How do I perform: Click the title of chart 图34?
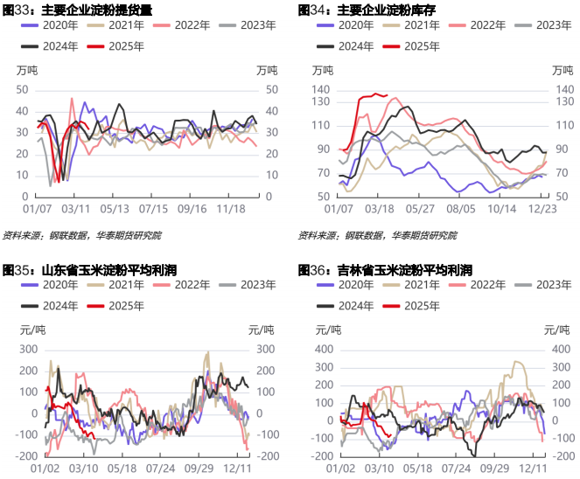pyautogui.click(x=367, y=10)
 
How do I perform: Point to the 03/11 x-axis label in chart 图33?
pyautogui.click(x=76, y=209)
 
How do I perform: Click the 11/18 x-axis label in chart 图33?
pyautogui.click(x=231, y=209)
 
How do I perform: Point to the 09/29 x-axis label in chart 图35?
pyautogui.click(x=204, y=469)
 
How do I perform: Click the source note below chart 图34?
pyautogui.click(x=377, y=235)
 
